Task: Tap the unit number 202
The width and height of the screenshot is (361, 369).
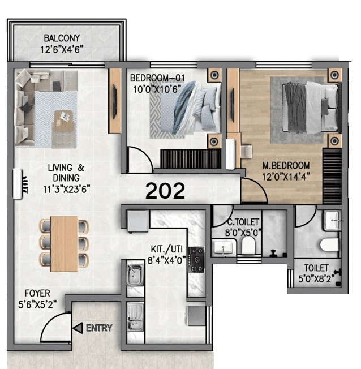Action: (165, 191)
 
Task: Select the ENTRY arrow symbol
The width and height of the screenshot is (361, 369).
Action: (78, 328)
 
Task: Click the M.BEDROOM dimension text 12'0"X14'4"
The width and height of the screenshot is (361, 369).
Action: (286, 175)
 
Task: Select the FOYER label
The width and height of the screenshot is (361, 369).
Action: (37, 293)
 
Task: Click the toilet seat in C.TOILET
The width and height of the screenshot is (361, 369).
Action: (247, 246)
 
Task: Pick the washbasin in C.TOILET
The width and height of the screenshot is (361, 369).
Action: (224, 247)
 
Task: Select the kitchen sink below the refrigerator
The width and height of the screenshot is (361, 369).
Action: (135, 276)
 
